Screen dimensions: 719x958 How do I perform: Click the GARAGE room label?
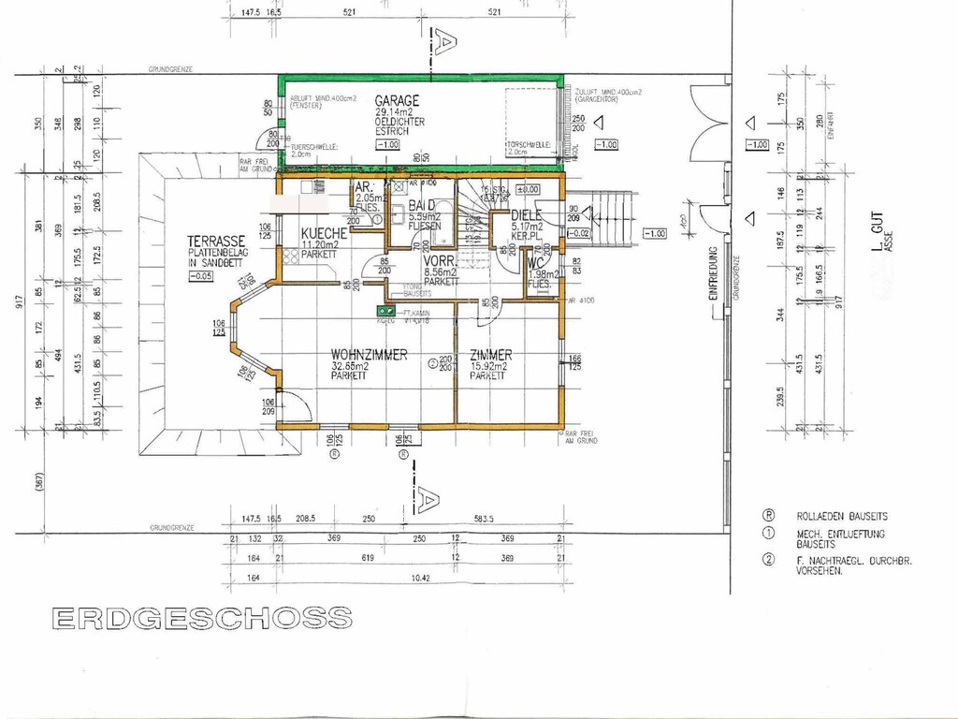click(x=397, y=100)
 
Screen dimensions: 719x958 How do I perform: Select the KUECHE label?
click(x=324, y=232)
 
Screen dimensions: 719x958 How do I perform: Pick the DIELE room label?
click(x=527, y=214)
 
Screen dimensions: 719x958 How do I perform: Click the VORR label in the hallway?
click(x=439, y=261)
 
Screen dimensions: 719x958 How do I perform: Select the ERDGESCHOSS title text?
click(x=202, y=618)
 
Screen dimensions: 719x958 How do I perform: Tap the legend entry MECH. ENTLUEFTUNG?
click(x=835, y=533)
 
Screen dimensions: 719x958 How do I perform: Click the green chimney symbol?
click(x=383, y=308)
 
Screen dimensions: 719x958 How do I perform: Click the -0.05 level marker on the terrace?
click(x=199, y=276)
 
